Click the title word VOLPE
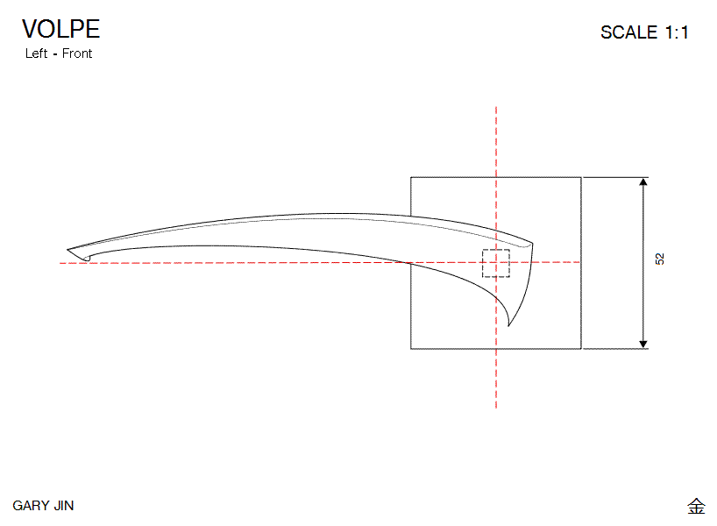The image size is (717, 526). click(x=61, y=29)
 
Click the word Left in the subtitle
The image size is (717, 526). click(x=36, y=53)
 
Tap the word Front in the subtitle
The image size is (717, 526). click(x=77, y=53)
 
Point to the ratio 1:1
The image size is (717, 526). click(x=677, y=32)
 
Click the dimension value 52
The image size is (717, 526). click(x=659, y=259)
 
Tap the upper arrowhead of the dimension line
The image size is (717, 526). click(x=643, y=183)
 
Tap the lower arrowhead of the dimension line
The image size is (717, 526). click(x=643, y=342)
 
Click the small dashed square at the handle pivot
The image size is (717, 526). click(x=496, y=263)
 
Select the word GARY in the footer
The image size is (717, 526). click(x=29, y=506)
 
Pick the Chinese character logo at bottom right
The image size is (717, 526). click(x=696, y=506)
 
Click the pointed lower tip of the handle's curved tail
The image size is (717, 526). click(x=509, y=326)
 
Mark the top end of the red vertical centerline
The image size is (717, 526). click(x=496, y=108)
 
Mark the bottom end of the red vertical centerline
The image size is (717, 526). click(x=496, y=408)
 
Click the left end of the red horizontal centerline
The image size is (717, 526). click(x=60, y=262)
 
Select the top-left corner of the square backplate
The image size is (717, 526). click(x=411, y=177)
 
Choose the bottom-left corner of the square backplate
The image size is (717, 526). click(x=411, y=349)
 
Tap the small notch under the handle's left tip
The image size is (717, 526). click(x=86, y=258)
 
